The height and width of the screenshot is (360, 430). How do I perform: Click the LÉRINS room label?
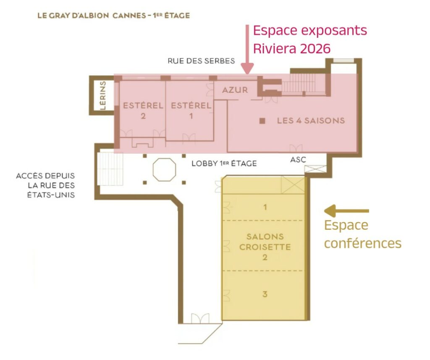click(x=103, y=95)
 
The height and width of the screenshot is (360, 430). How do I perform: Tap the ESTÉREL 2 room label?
click(x=143, y=110)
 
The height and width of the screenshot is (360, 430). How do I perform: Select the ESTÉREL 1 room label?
click(x=191, y=110)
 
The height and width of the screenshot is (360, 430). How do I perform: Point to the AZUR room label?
click(x=235, y=90)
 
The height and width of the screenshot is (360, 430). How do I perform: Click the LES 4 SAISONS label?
click(x=311, y=121)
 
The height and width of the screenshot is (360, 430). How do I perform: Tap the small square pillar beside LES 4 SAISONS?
click(x=262, y=121)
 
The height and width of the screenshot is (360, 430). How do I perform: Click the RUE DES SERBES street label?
click(x=201, y=61)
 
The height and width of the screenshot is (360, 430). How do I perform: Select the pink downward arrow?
click(x=247, y=50)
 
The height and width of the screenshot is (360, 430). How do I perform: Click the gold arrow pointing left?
click(x=346, y=211)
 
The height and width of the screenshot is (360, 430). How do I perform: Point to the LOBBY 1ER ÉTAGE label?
click(x=224, y=163)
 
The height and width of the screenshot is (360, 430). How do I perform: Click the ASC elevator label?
click(x=298, y=160)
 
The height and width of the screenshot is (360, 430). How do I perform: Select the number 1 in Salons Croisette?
click(x=265, y=207)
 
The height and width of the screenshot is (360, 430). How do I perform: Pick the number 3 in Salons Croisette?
click(x=265, y=294)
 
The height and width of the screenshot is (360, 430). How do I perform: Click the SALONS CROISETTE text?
click(x=265, y=242)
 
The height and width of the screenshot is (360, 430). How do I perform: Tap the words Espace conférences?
click(x=362, y=234)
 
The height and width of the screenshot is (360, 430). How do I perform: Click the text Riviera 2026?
click(x=292, y=49)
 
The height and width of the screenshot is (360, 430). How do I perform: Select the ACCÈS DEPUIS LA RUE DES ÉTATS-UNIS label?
click(x=45, y=185)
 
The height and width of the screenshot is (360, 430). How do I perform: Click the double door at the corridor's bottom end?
click(x=200, y=318)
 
